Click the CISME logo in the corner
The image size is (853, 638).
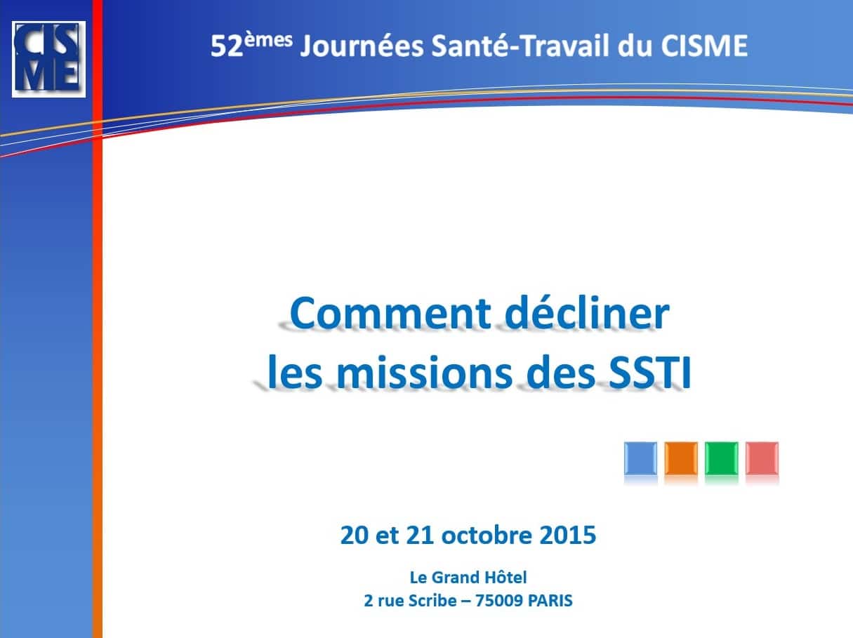(x=48, y=59)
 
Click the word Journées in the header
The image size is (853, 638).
(x=362, y=46)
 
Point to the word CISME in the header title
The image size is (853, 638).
(x=704, y=46)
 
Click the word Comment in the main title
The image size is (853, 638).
(x=391, y=313)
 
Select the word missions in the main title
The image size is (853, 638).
(x=424, y=371)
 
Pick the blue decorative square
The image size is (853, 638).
(x=640, y=458)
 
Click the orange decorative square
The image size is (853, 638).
(x=681, y=458)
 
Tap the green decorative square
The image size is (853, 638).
(x=721, y=458)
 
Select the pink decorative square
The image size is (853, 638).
(x=762, y=458)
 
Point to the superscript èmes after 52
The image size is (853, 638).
(x=268, y=40)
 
